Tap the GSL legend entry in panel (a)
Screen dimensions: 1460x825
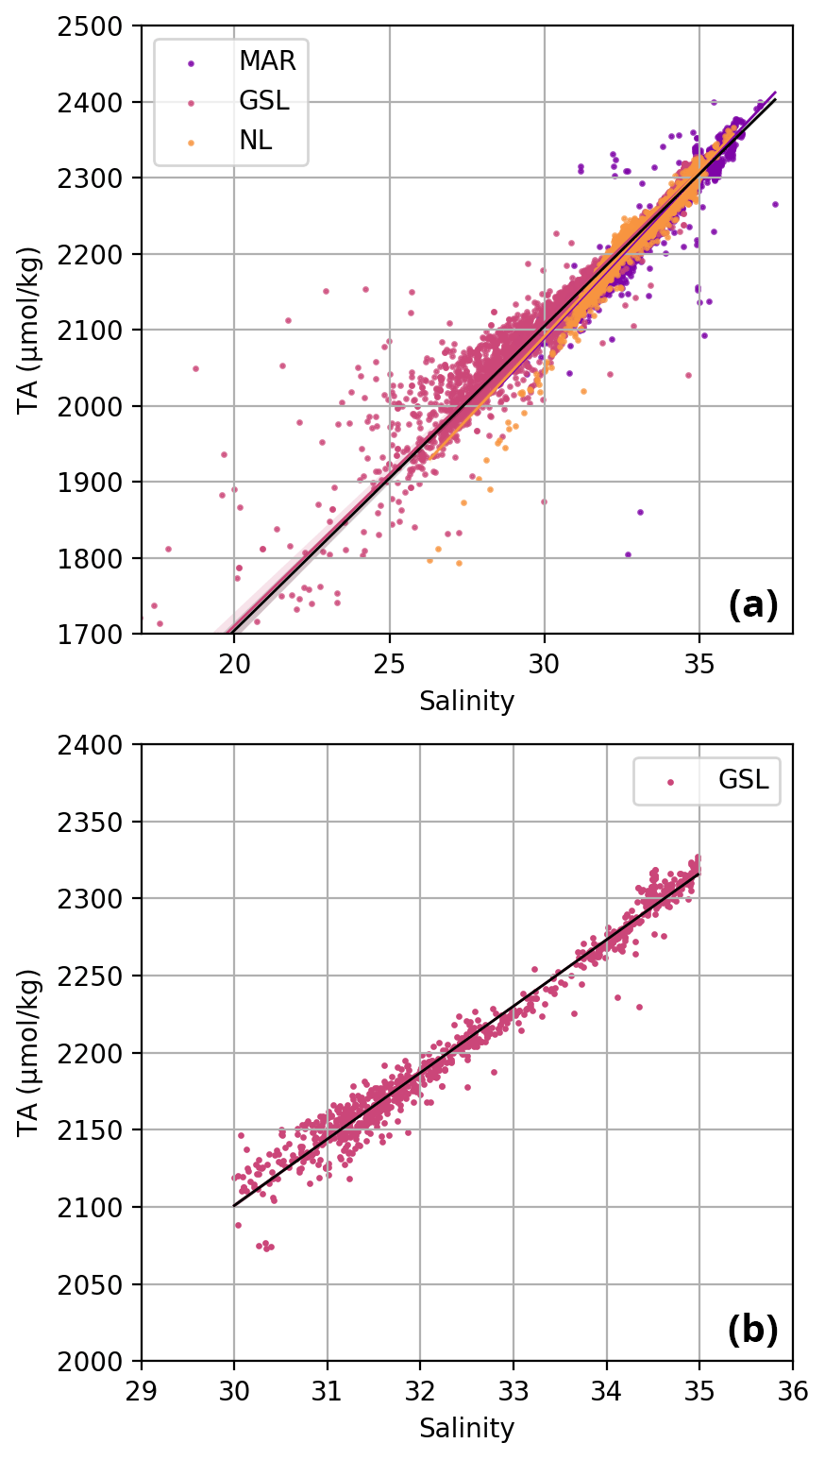coord(263,102)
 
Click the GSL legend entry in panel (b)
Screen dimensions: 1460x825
coord(743,781)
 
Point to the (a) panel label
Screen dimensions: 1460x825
coord(752,605)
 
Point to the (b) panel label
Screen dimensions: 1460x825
coord(752,1331)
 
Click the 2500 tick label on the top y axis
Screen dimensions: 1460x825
coord(103,25)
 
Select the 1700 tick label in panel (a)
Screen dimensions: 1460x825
coord(103,634)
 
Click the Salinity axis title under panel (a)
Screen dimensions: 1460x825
coord(466,702)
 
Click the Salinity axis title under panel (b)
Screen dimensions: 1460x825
coord(466,1428)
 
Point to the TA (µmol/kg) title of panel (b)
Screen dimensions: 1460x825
coord(31,1052)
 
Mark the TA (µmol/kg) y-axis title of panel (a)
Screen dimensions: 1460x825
coord(31,329)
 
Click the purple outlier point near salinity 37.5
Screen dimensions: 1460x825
coord(775,204)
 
